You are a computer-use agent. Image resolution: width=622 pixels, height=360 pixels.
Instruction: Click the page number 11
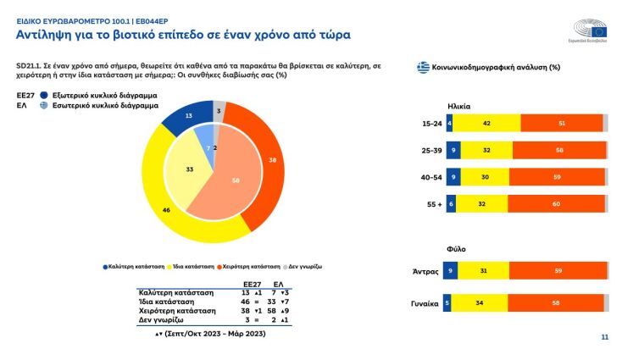[x=604, y=337]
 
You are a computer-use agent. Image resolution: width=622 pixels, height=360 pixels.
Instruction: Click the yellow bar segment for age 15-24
[x=486, y=123]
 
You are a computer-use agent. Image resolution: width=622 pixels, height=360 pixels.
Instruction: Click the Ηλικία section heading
[x=458, y=106]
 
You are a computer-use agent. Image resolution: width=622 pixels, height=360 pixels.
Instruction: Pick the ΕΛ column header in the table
[x=278, y=285]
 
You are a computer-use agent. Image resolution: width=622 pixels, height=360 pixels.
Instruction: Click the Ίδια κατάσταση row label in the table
[x=166, y=301]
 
